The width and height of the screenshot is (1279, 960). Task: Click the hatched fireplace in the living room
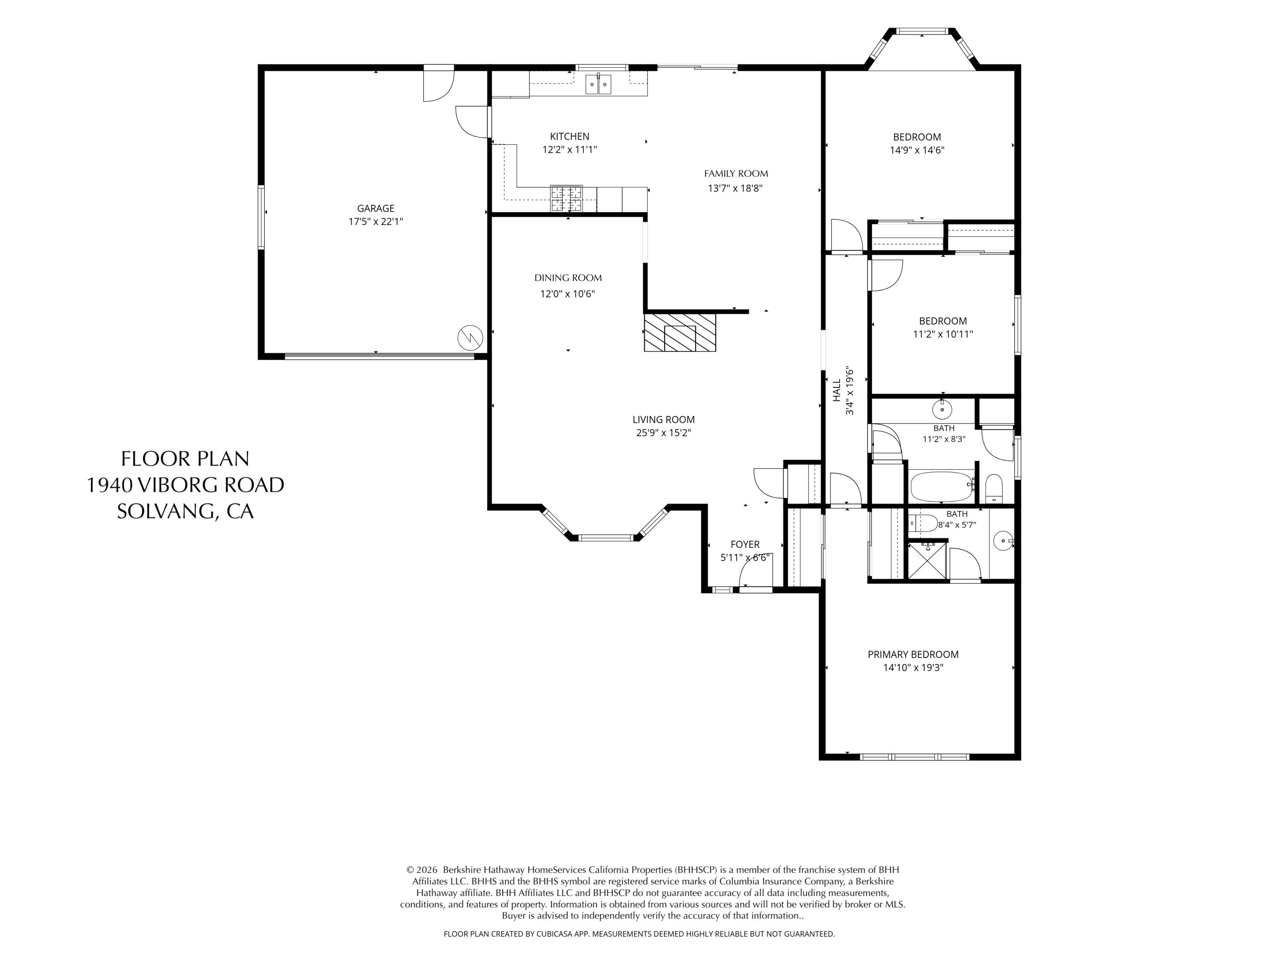pyautogui.click(x=680, y=332)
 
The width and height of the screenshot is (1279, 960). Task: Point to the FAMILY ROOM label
pyautogui.click(x=735, y=174)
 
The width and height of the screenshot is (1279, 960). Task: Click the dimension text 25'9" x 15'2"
pyautogui.click(x=663, y=433)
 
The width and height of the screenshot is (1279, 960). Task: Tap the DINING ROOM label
pyautogui.click(x=568, y=278)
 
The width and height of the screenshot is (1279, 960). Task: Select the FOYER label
pyautogui.click(x=745, y=544)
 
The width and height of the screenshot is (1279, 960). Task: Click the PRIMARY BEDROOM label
pyautogui.click(x=913, y=655)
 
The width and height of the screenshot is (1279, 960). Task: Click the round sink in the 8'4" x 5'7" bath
pyautogui.click(x=1003, y=541)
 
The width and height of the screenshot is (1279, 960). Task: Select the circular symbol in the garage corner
pyautogui.click(x=470, y=338)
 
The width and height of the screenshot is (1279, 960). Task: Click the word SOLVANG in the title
pyautogui.click(x=167, y=511)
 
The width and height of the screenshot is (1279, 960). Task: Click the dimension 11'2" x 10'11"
pyautogui.click(x=943, y=334)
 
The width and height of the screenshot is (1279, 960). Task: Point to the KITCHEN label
pyautogui.click(x=570, y=137)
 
